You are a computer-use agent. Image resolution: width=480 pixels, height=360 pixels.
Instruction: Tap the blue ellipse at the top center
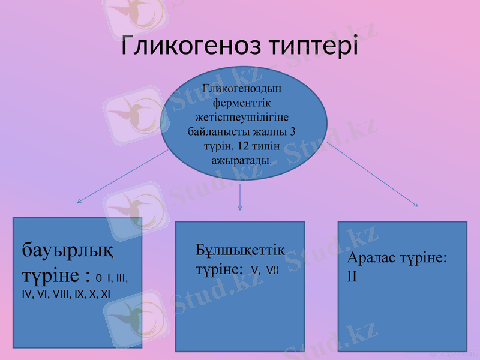[243, 123]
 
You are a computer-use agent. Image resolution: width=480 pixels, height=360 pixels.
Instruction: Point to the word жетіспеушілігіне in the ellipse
[243, 116]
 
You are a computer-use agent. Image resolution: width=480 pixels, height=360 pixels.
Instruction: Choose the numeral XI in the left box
[105, 294]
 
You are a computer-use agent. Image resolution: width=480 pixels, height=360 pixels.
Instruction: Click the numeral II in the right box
[352, 277]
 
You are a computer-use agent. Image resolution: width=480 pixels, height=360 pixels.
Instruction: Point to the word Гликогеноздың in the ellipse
[243, 88]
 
